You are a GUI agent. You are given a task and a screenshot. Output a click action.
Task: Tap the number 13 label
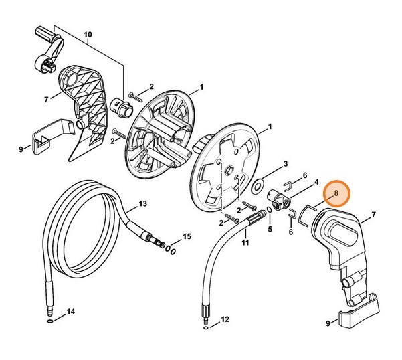pos(142,203)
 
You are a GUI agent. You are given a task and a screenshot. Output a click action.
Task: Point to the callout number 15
pos(187,236)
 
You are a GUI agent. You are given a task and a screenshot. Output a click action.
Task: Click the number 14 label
pos(70,312)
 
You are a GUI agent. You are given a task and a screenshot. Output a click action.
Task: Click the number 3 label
pos(285,164)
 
